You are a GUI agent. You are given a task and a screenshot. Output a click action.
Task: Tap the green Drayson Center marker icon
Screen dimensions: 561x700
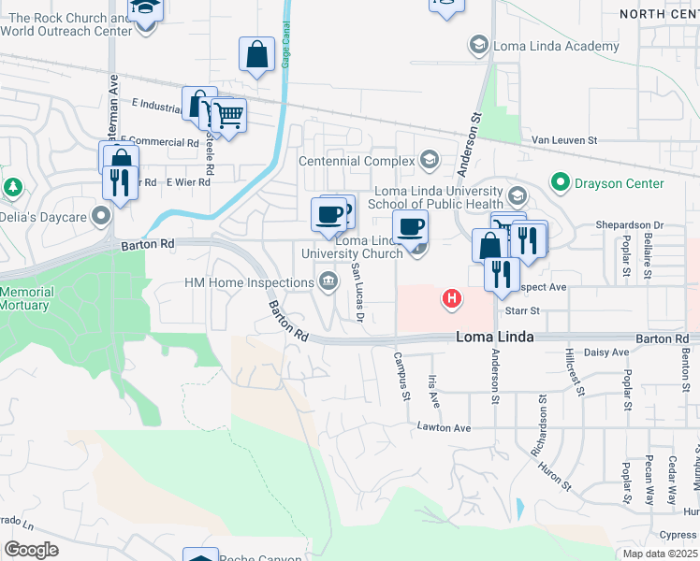(x=561, y=181)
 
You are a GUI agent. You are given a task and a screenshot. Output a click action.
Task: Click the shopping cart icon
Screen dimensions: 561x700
(x=228, y=116)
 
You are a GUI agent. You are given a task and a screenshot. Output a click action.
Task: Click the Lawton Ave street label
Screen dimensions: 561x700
(x=444, y=427)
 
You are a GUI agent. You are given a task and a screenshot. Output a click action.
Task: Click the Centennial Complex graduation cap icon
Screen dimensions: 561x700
(x=430, y=159)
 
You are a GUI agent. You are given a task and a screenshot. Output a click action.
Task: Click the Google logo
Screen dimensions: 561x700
(x=30, y=549)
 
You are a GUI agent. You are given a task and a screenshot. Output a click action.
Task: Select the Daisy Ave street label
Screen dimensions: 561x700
(x=606, y=352)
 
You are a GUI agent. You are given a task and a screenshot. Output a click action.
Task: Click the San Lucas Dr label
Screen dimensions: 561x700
(x=357, y=291)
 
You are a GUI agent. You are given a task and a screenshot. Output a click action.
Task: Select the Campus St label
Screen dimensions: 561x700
(x=401, y=376)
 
